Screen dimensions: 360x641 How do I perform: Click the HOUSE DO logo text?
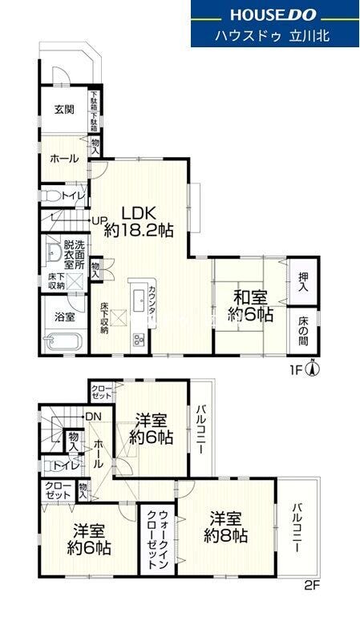pyautogui.click(x=273, y=14)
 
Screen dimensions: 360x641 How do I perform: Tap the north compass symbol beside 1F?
pyautogui.click(x=313, y=369)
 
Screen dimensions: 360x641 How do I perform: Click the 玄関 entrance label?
pyautogui.click(x=65, y=109)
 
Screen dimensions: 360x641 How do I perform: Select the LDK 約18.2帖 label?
pyautogui.click(x=139, y=222)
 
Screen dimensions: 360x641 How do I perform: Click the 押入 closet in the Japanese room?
pyautogui.click(x=304, y=281)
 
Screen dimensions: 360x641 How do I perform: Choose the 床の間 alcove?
pyautogui.click(x=303, y=330)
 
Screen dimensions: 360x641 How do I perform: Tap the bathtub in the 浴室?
pyautogui.click(x=64, y=341)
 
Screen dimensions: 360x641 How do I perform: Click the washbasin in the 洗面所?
pyautogui.click(x=53, y=253)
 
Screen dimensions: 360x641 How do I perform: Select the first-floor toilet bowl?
pyautogui.click(x=51, y=196)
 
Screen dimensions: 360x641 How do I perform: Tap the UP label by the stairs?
pyautogui.click(x=99, y=220)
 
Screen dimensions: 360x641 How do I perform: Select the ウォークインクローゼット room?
pyautogui.click(x=157, y=538)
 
